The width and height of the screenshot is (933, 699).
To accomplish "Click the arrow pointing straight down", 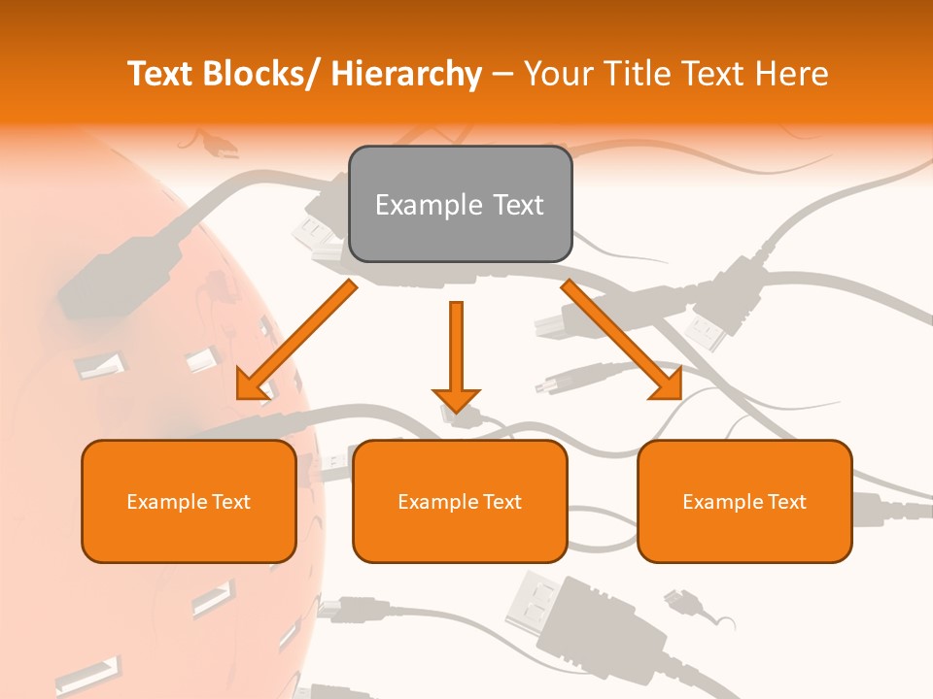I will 456,354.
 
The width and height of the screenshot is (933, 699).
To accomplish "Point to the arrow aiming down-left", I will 296,341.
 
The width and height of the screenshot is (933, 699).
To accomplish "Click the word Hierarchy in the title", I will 406,74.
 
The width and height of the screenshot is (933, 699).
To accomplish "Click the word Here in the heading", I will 791,74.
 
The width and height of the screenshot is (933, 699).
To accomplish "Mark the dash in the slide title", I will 502,76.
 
